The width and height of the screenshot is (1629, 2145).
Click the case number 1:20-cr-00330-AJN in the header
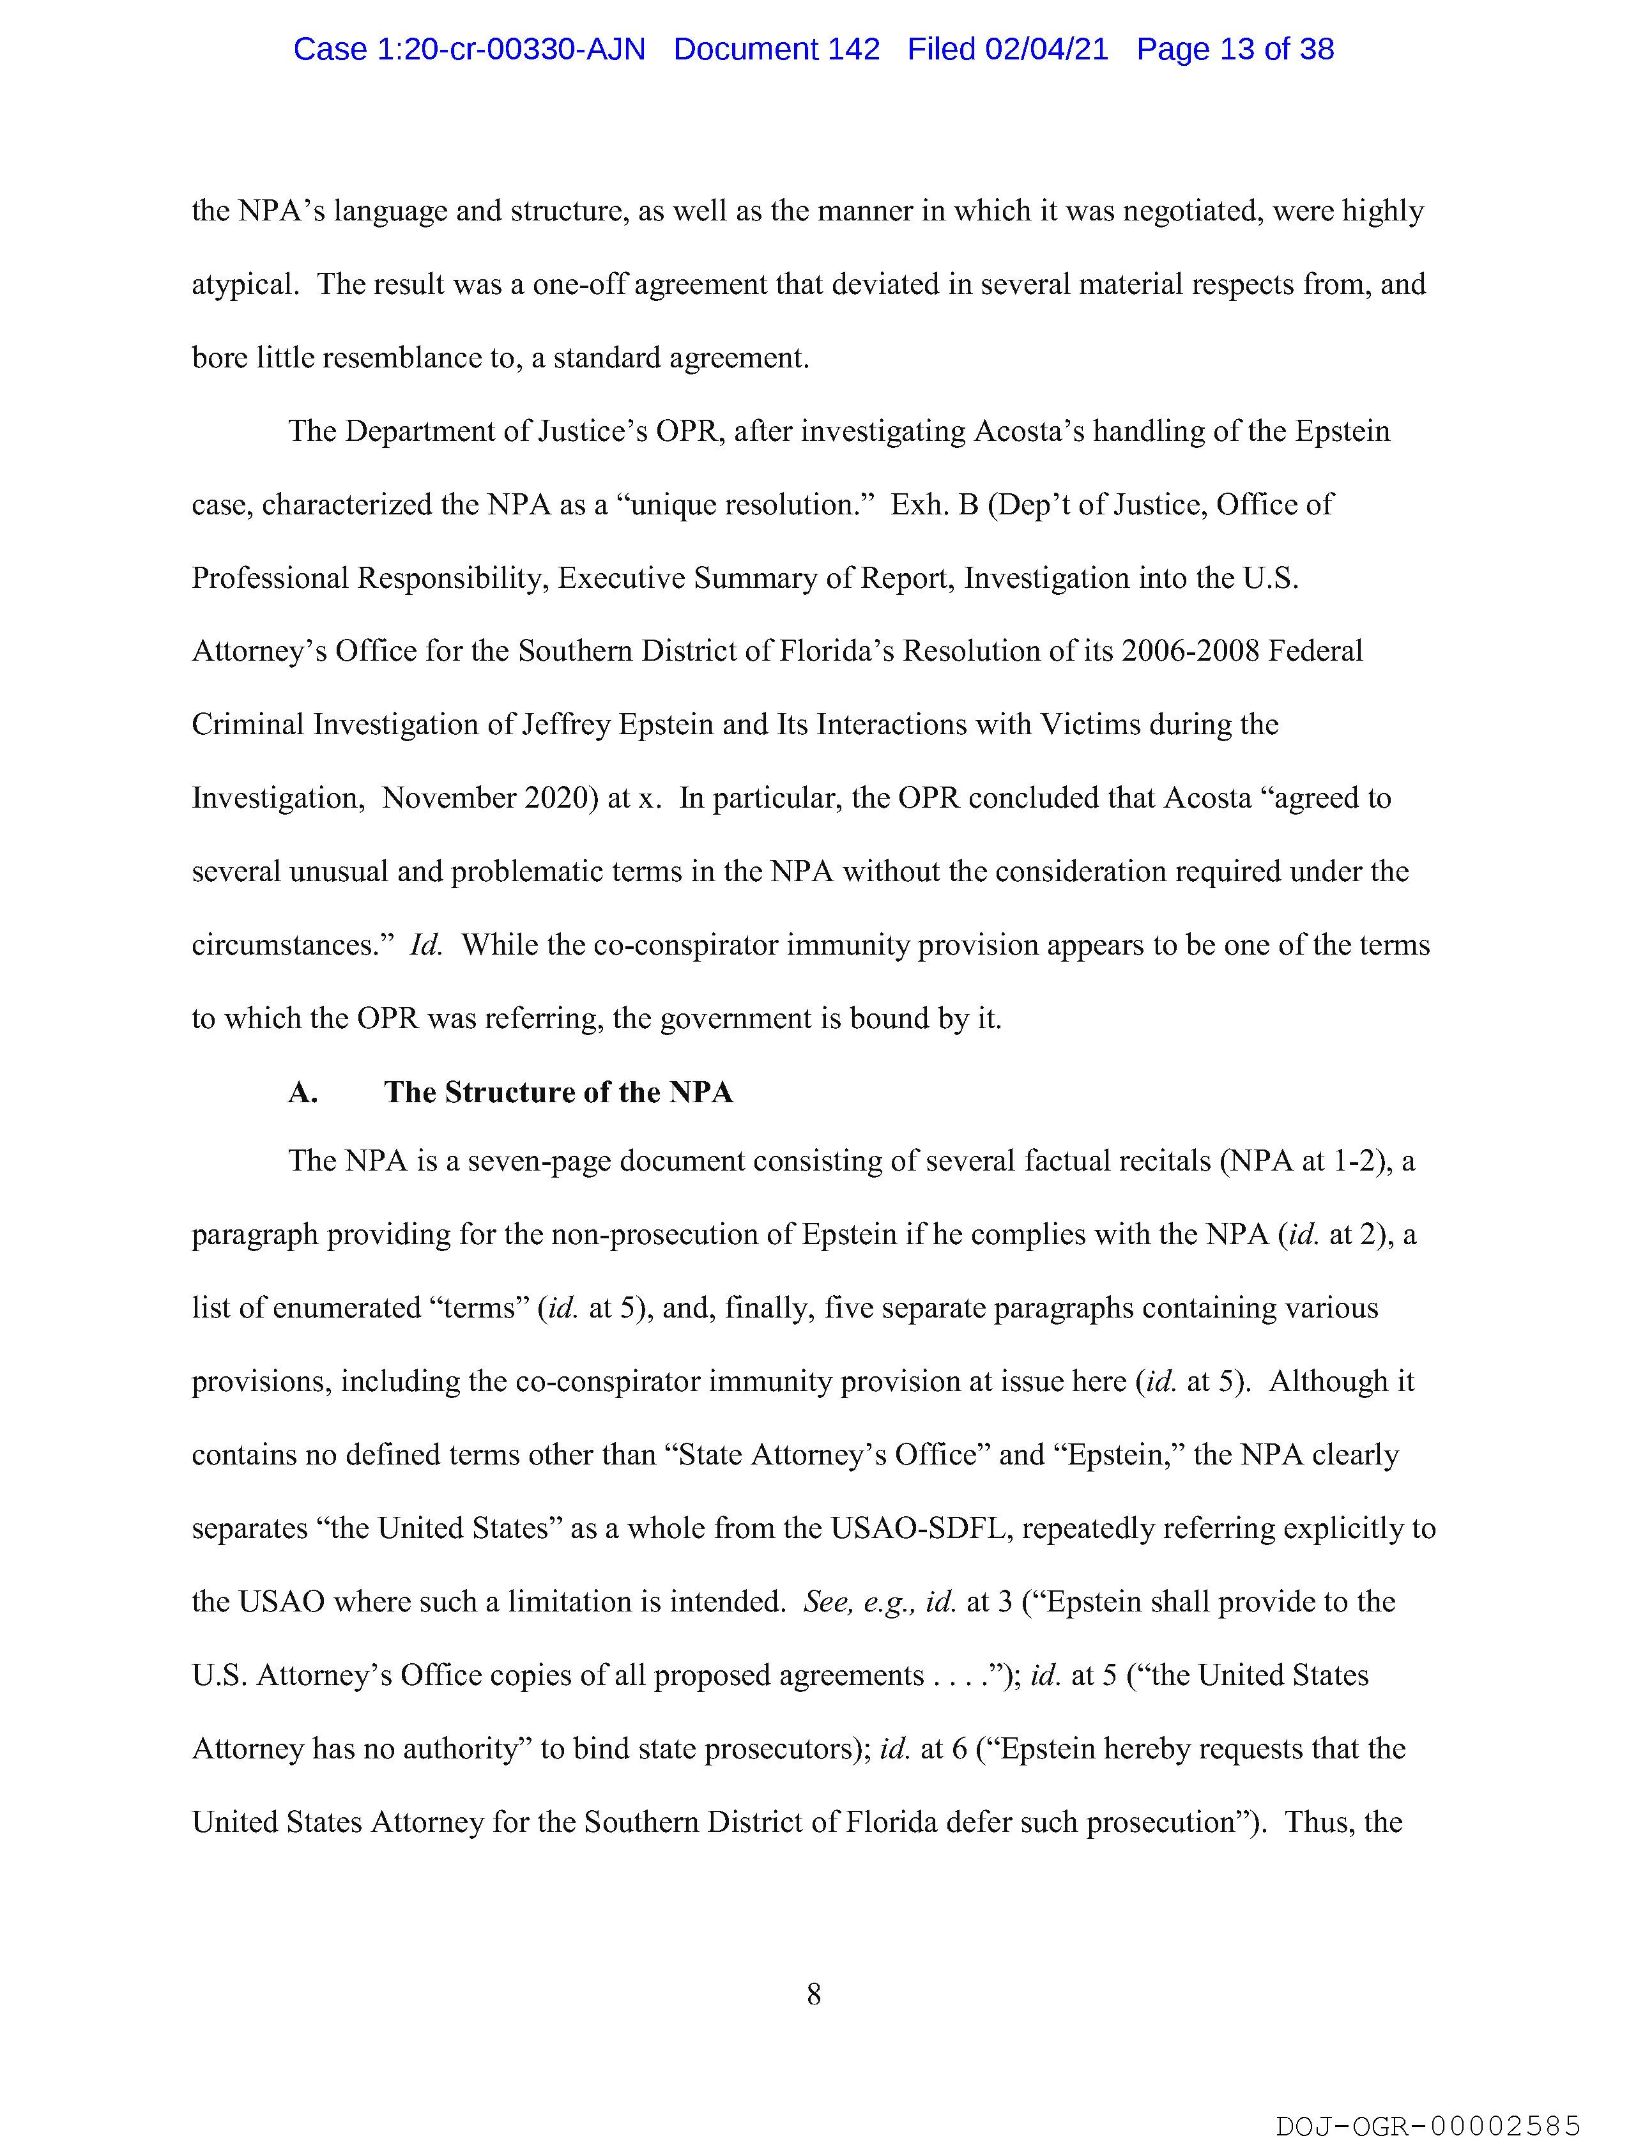(470, 49)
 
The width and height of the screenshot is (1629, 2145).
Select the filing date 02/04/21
(1046, 49)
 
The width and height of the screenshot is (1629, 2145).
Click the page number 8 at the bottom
(813, 1994)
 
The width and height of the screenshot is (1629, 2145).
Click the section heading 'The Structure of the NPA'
(558, 1092)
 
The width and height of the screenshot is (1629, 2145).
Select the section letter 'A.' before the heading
(303, 1092)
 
